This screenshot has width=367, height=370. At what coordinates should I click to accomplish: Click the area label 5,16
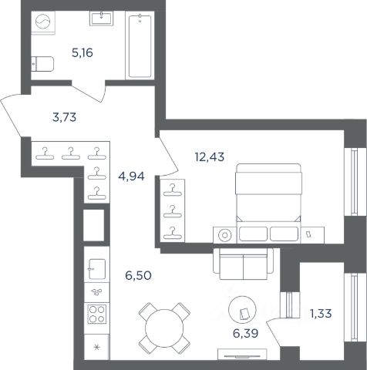coord(82,53)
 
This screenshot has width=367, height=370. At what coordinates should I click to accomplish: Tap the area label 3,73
coord(64,117)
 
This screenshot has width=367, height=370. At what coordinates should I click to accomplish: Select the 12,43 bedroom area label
coord(210,156)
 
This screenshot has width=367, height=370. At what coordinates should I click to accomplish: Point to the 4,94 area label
coord(131,177)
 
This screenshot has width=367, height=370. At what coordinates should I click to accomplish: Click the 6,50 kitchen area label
coord(138,276)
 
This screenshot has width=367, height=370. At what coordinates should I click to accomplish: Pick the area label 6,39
coord(245,333)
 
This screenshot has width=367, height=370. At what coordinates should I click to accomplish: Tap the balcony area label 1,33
coord(321,314)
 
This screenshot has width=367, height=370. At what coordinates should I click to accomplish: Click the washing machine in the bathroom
coord(43,22)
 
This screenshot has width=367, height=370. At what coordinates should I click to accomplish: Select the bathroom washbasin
coord(101,18)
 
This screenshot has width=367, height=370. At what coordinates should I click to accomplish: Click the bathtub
coord(140,45)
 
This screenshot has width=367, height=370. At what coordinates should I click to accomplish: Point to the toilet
coord(42,64)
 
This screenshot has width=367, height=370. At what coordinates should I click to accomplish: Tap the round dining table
coord(164,328)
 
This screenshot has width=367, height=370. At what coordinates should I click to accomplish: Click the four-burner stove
coord(97,314)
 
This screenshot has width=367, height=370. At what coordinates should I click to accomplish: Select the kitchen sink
coord(97,269)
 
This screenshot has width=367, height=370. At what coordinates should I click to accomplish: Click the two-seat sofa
coord(243,264)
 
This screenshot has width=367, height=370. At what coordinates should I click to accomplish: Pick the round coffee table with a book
coord(242,310)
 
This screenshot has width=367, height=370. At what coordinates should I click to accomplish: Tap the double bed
coord(268,203)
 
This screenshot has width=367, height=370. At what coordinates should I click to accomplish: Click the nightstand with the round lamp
coord(225,235)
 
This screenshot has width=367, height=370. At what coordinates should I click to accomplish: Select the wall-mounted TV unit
coord(242,355)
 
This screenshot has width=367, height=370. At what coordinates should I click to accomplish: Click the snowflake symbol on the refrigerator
coord(97,348)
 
